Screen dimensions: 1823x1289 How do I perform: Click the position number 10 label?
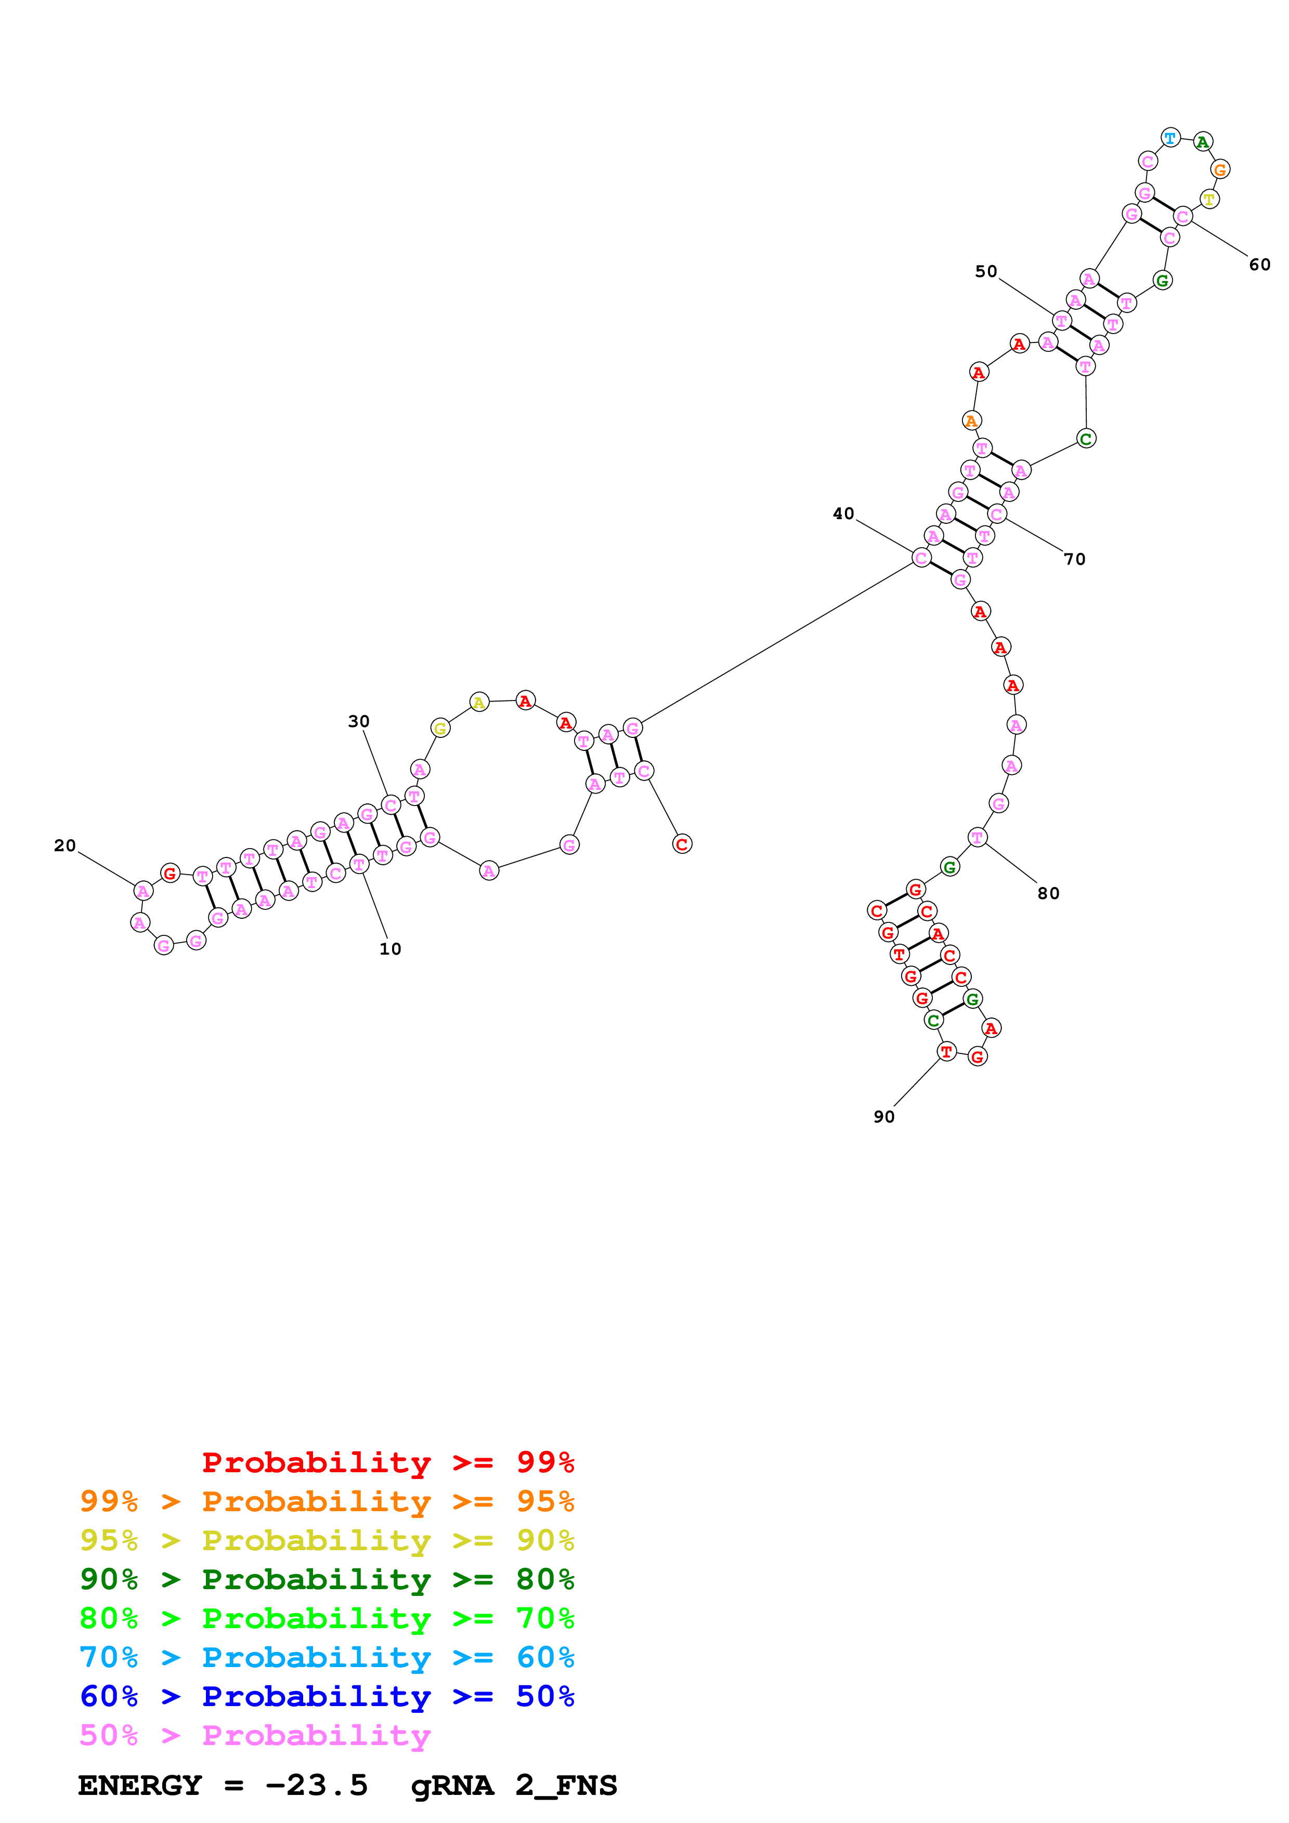point(390,949)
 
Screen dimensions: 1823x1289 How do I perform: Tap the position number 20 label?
point(65,846)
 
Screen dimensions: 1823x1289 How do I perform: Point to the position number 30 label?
point(359,721)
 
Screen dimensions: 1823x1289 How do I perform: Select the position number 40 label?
point(843,514)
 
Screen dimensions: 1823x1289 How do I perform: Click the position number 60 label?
point(1259,265)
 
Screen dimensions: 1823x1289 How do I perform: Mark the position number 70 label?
point(1075,559)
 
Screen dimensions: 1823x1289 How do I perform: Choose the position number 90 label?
point(884,1116)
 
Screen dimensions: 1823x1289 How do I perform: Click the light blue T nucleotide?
point(1170,137)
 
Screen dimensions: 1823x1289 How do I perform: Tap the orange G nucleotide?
point(1220,169)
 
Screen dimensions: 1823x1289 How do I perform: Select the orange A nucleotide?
point(971,421)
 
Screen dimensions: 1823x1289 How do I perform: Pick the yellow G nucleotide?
point(440,728)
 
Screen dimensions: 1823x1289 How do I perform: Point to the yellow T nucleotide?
point(1209,199)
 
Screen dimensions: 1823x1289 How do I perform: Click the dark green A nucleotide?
point(1203,142)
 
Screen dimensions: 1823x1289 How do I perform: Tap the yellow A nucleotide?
point(479,702)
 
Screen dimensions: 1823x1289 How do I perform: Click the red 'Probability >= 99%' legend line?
point(387,1462)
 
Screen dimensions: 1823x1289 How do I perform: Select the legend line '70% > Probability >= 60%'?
point(327,1657)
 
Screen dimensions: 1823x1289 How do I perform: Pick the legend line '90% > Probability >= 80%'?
point(327,1579)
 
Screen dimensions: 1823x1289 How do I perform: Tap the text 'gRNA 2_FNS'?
point(514,1785)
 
